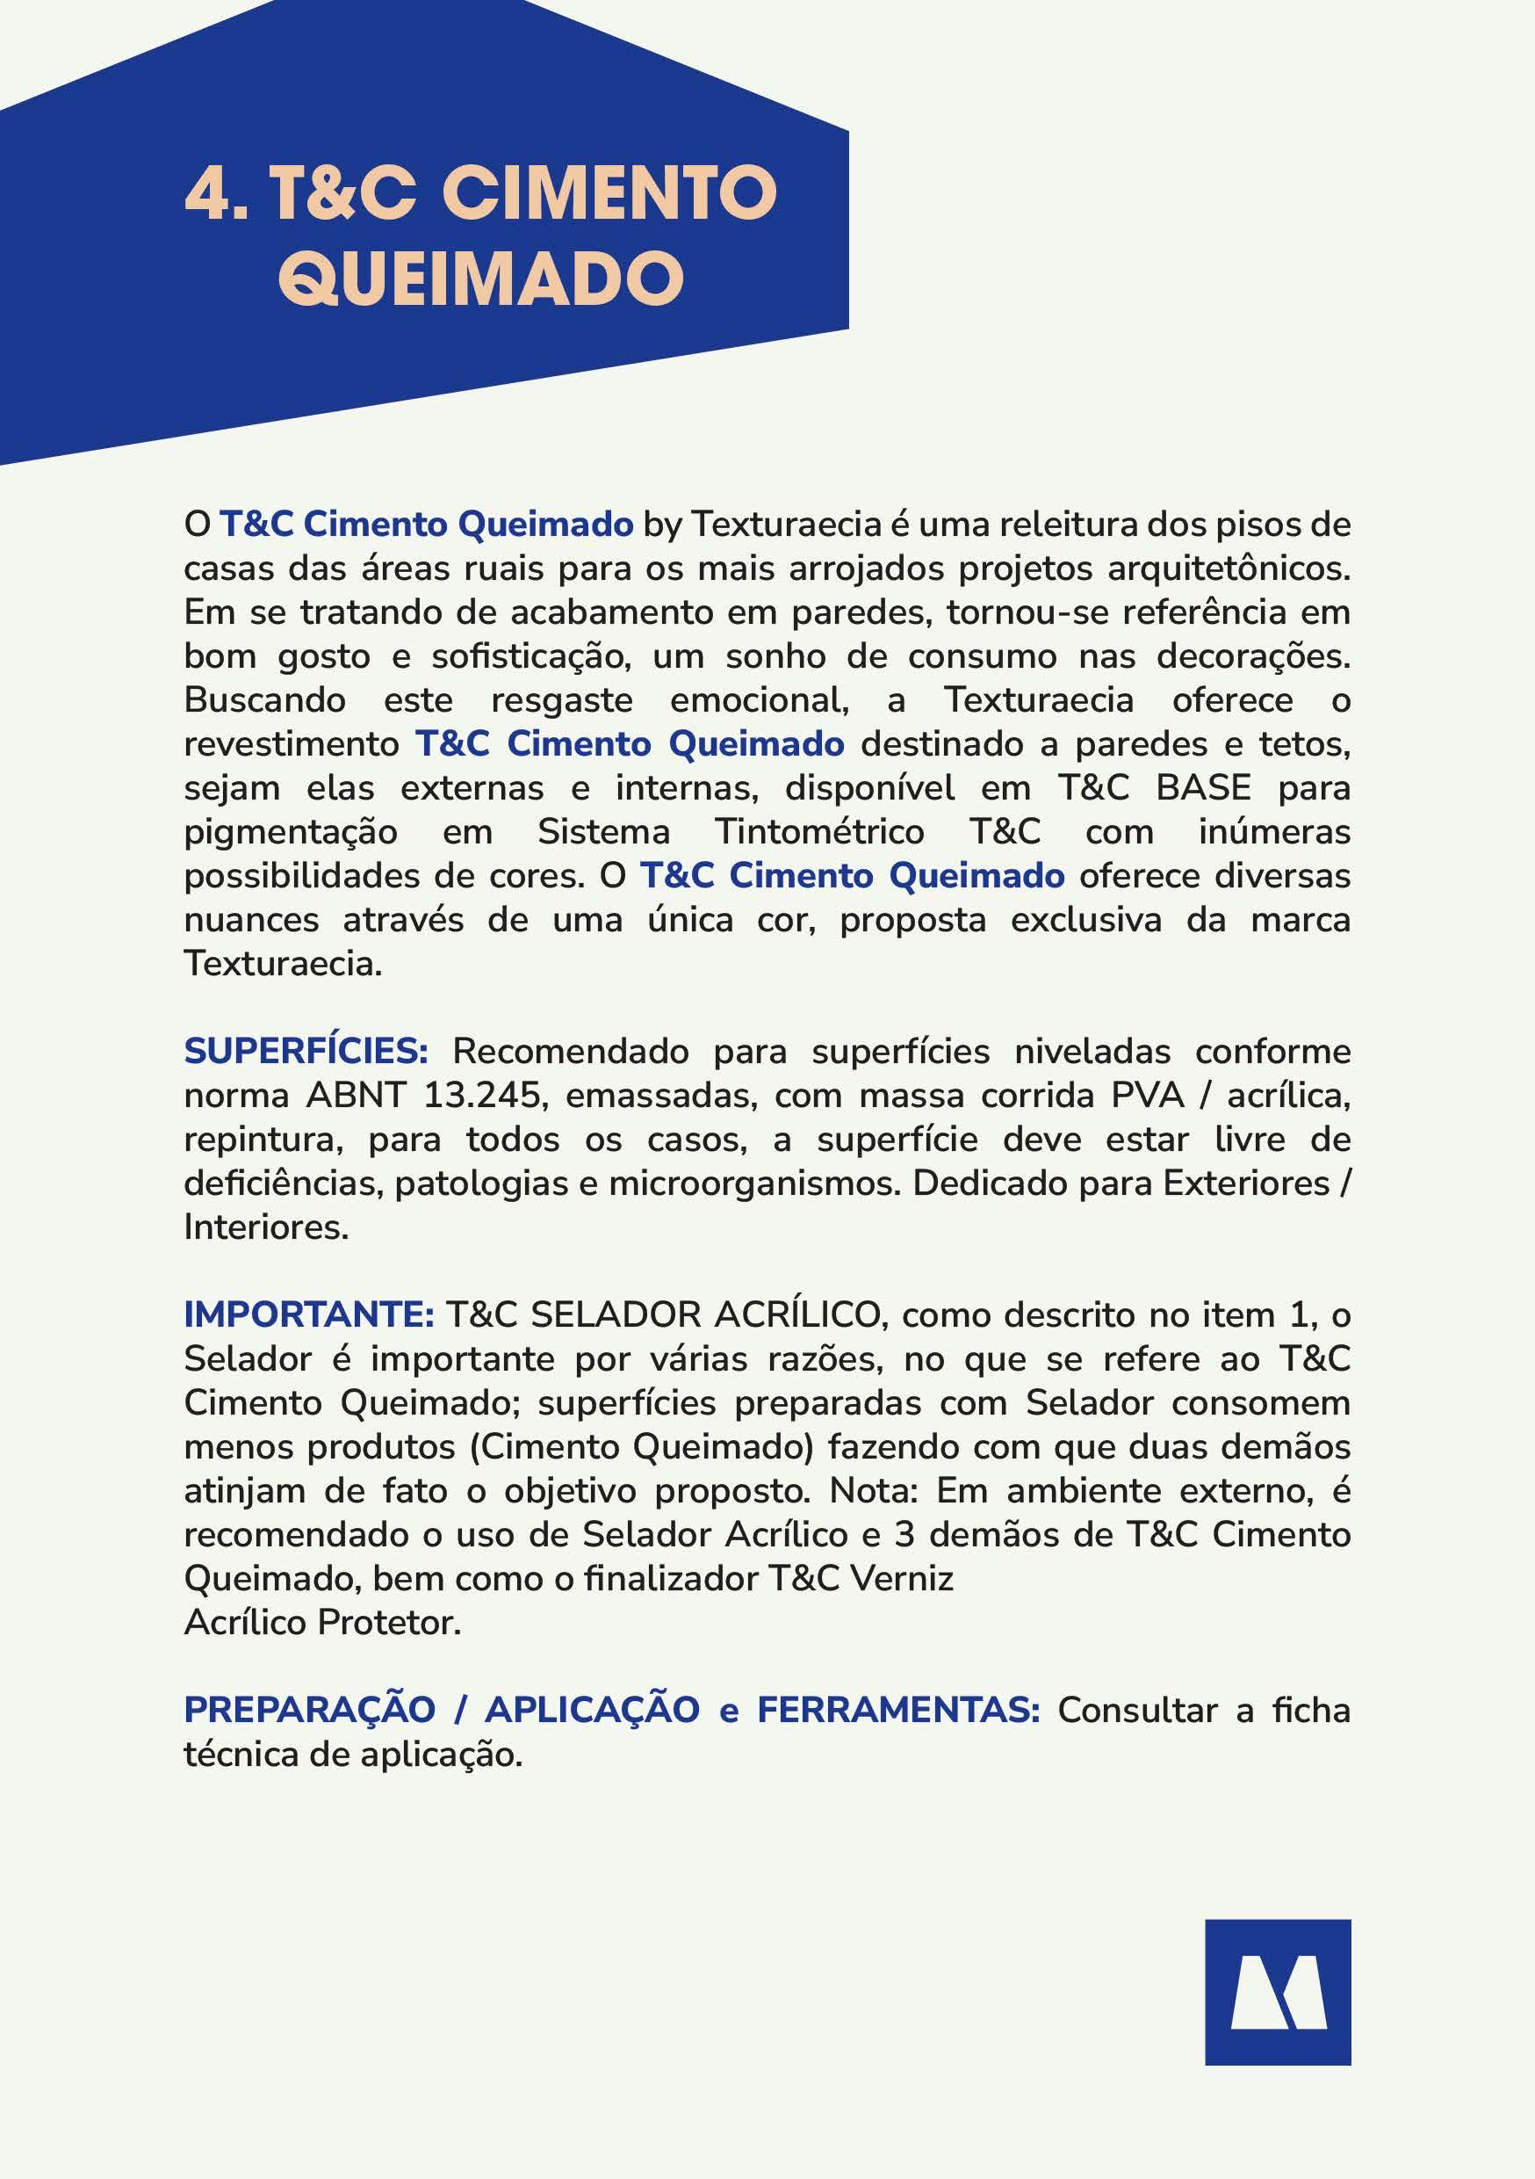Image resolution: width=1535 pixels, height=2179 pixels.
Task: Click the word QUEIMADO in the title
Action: pyautogui.click(x=481, y=279)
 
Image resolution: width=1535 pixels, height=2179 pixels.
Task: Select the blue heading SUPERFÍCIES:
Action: pyautogui.click(x=306, y=1052)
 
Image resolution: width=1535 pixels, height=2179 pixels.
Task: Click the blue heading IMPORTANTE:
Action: pyautogui.click(x=308, y=1315)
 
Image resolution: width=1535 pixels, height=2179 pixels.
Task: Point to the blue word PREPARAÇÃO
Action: pyautogui.click(x=309, y=1709)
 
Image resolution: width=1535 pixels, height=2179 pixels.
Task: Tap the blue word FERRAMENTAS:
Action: pyautogui.click(x=898, y=1709)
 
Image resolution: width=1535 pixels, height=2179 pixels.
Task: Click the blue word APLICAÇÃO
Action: pyautogui.click(x=593, y=1709)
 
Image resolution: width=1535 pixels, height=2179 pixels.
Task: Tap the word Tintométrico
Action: pyautogui.click(x=818, y=832)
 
